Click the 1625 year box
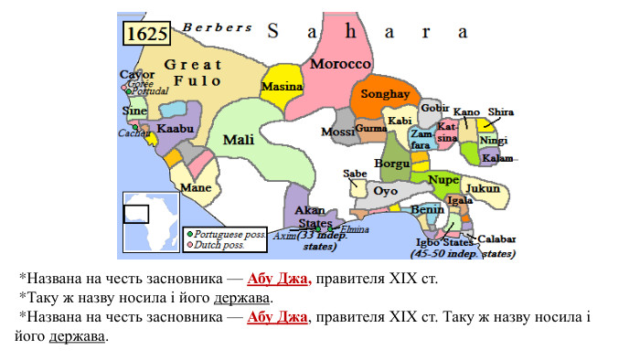(146, 34)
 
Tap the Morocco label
(340, 64)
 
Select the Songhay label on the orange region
(384, 93)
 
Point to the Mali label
(238, 140)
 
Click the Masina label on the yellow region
(282, 87)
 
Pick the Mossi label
(337, 132)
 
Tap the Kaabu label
(174, 129)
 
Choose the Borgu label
(393, 164)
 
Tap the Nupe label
(443, 179)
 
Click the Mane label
(196, 188)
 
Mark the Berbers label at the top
(217, 27)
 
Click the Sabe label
(355, 174)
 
